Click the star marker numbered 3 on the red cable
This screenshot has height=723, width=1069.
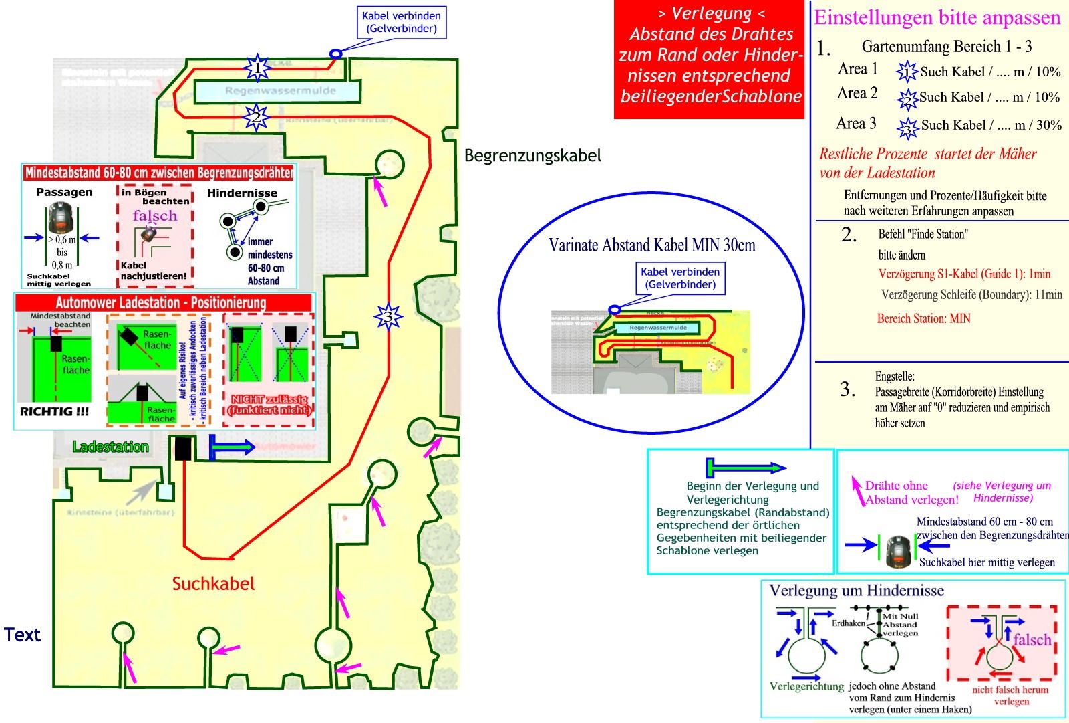click(x=388, y=316)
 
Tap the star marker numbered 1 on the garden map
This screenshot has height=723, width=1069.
click(x=257, y=67)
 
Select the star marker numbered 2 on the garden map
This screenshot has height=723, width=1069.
click(x=255, y=118)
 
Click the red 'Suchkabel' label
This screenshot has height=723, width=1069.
click(x=213, y=583)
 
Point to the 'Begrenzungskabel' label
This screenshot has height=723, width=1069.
click(x=532, y=156)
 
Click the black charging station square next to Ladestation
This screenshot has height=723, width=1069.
click(x=183, y=448)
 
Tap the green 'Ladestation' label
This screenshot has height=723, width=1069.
click(x=110, y=447)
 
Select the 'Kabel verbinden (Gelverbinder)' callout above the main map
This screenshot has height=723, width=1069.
click(x=401, y=23)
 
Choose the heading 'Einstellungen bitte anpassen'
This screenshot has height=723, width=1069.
click(x=937, y=17)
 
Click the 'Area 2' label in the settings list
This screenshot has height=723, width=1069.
click(x=857, y=94)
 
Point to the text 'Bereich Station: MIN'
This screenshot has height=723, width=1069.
click(x=923, y=319)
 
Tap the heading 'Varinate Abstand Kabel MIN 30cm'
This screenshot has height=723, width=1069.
click(x=651, y=245)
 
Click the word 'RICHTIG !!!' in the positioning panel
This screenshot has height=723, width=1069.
click(x=54, y=412)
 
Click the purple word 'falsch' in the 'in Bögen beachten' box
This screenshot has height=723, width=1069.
click(x=155, y=215)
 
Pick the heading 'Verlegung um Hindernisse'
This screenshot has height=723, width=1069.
click(x=857, y=591)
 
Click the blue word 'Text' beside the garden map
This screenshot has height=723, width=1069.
click(x=22, y=635)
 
